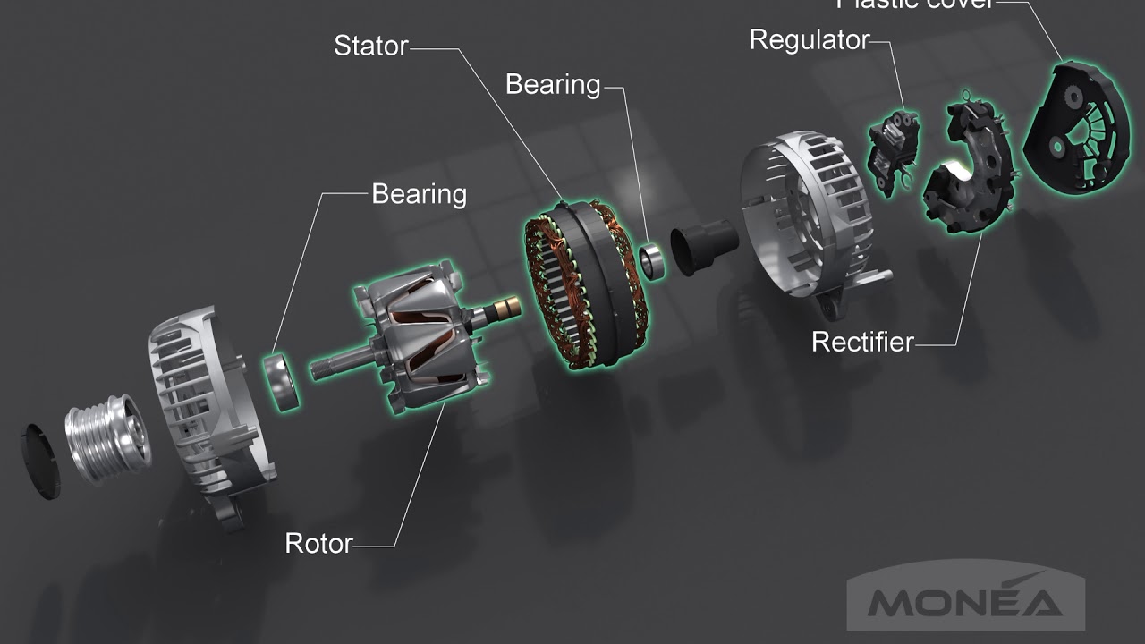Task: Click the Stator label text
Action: click(370, 46)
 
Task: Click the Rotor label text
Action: click(318, 543)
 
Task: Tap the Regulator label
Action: click(809, 40)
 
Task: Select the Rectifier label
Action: click(862, 342)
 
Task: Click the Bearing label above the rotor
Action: click(419, 194)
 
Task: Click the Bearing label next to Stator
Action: click(553, 85)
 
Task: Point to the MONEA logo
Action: click(965, 601)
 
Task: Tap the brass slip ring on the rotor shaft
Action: click(505, 309)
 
